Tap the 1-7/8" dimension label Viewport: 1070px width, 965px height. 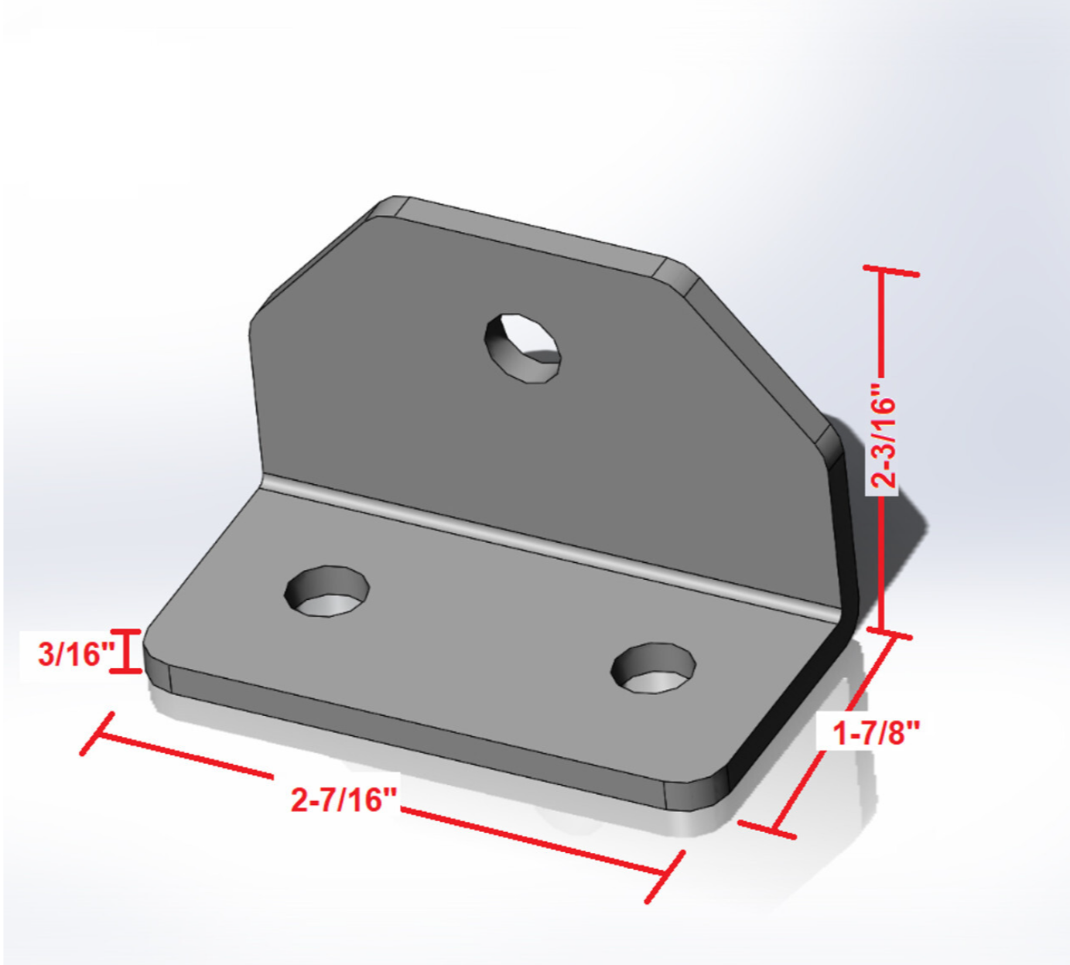[x=876, y=731]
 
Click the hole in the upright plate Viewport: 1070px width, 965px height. [x=522, y=347]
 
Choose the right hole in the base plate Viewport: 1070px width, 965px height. [x=654, y=667]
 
